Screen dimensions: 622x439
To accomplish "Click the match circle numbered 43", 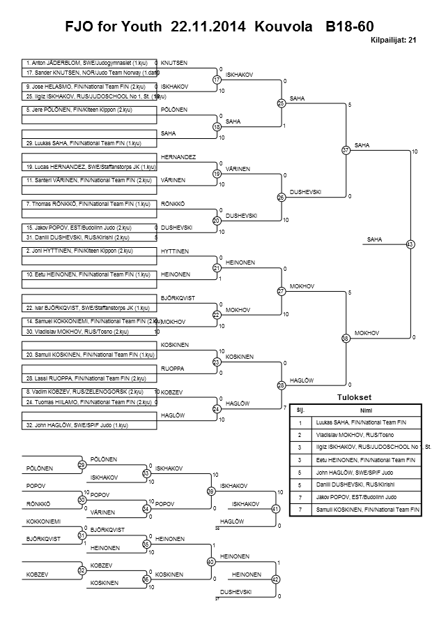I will click(410, 244).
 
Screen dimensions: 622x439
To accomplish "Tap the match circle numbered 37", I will click(346, 150).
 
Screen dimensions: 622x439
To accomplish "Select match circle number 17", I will click(217, 80).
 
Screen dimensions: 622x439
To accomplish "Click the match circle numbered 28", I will click(282, 385).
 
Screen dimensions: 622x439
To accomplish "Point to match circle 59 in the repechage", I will click(210, 491).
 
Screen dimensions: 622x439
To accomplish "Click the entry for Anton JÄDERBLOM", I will click(87, 63).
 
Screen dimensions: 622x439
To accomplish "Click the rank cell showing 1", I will click(300, 422).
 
